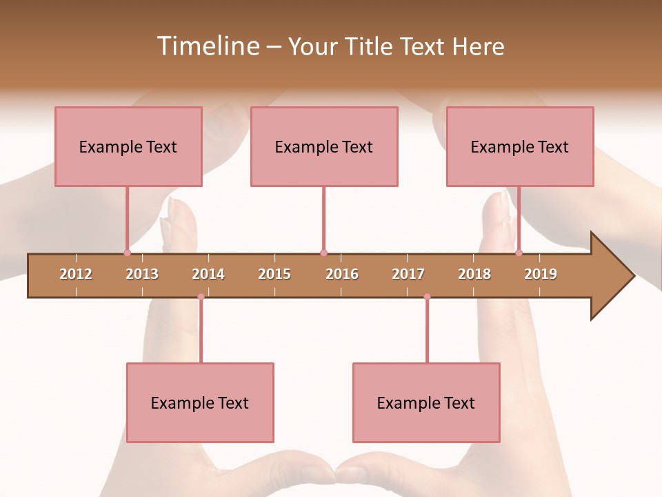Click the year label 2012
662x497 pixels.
point(76,274)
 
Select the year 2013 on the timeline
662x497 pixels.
point(142,274)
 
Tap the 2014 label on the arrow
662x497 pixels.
point(208,274)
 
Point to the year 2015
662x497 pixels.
point(274,274)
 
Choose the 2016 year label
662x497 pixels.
point(342,274)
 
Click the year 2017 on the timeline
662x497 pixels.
point(408,274)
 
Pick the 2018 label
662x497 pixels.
point(474,274)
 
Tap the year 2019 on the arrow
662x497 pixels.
point(541,274)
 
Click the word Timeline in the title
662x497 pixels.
point(206,46)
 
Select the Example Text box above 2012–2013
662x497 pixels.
point(128,146)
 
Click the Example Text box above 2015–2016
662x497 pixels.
point(324,146)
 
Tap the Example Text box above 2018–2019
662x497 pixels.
point(520,146)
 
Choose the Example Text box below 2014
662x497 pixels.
point(200,402)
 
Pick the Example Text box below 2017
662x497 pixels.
point(426,402)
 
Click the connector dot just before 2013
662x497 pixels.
point(127,253)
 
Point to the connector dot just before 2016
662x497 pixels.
point(323,253)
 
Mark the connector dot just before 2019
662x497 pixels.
point(519,253)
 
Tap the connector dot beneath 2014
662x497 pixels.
point(201,297)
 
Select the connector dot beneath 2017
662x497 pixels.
point(427,297)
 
